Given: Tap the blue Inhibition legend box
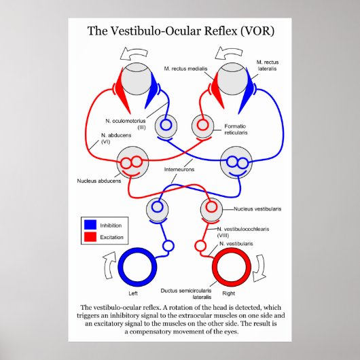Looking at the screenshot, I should pyautogui.click(x=90, y=224).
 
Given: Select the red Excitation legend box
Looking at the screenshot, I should pyautogui.click(x=90, y=237).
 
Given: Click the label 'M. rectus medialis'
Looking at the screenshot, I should pyautogui.click(x=185, y=69).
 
